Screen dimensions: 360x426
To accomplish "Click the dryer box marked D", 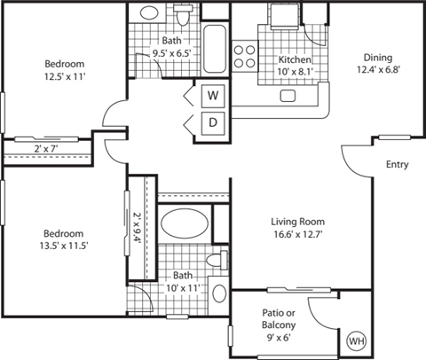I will pos(213,122).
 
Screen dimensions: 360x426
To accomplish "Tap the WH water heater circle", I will pos(356,340).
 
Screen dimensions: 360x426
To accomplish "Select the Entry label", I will pos(398,165).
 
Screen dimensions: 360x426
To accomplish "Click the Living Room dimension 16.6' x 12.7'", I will pos(298,235).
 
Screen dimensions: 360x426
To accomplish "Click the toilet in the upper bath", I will pos(184,18).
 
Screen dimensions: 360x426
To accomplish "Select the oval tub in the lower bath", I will pos(185,223).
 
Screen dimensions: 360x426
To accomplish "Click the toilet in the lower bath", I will pos(213,260).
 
